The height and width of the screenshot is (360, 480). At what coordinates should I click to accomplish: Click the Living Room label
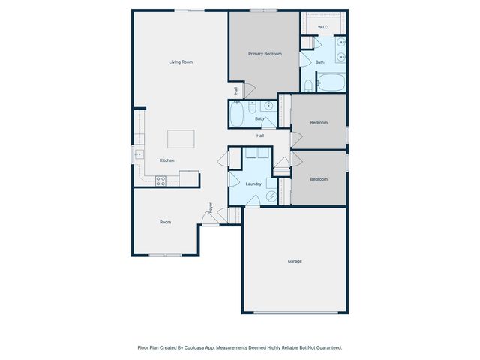[181, 61]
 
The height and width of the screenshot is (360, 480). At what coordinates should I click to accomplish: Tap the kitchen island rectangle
[181, 139]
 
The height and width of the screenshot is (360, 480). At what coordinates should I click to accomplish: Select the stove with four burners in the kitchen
[160, 180]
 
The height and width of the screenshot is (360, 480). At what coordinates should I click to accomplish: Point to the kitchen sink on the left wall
[139, 155]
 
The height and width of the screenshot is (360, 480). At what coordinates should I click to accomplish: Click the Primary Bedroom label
[265, 54]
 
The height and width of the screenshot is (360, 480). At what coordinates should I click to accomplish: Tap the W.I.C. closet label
[323, 27]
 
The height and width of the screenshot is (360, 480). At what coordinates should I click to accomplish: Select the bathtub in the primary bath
[330, 82]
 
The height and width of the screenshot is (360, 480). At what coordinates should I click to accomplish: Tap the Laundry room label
[253, 184]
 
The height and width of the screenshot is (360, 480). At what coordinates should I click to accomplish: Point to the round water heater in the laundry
[272, 196]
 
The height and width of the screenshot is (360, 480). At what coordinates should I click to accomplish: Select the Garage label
[295, 261]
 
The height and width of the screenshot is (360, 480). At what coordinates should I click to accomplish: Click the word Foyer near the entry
[211, 207]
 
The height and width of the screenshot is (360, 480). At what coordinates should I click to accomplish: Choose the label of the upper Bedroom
[319, 122]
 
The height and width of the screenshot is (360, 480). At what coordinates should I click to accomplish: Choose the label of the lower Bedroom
[319, 179]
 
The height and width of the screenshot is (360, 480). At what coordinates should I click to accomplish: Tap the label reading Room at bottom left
[165, 222]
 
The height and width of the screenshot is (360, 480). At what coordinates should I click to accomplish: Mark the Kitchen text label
[166, 160]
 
